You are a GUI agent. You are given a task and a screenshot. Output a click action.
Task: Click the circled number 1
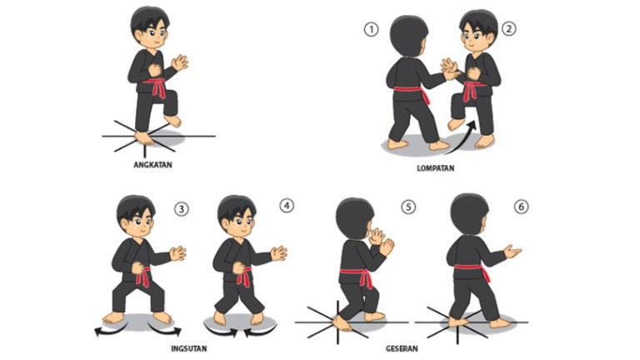[371, 29]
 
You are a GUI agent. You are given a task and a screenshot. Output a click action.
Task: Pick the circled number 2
[508, 27]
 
